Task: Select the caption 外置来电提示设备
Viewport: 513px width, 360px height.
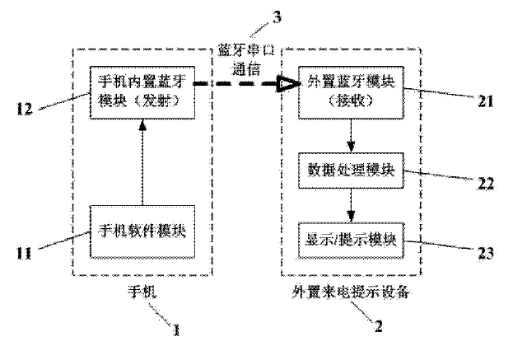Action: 352,291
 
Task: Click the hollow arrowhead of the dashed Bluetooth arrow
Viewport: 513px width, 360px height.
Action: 287,83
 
